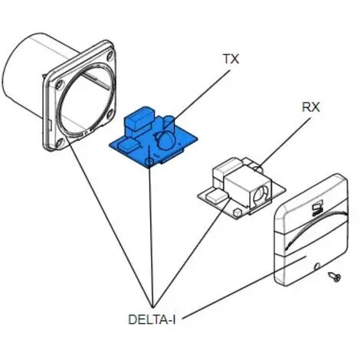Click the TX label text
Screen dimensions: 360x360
point(231,59)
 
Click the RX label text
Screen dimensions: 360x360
point(311,107)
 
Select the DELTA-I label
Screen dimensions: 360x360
point(152,319)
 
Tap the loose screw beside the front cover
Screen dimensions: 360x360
point(335,277)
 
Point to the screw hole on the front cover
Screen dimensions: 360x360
point(317,267)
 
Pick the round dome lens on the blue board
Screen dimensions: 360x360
point(166,140)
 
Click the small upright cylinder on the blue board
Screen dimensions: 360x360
point(168,123)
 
